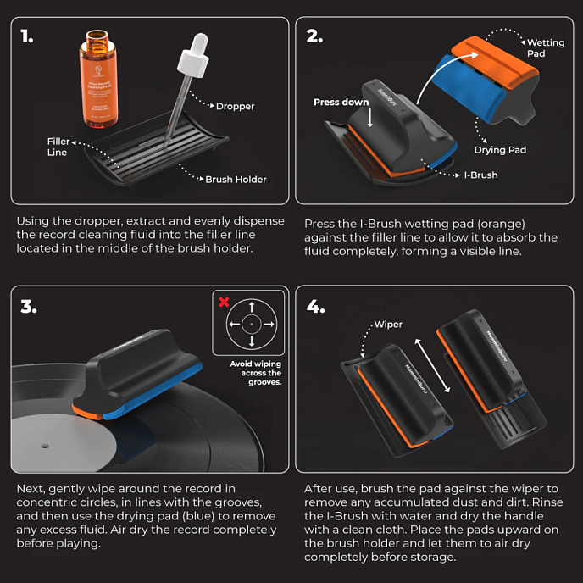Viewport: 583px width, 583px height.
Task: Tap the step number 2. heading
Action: (x=315, y=36)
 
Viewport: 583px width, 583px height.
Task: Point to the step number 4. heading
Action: (x=316, y=306)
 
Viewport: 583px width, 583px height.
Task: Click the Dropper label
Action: (x=235, y=107)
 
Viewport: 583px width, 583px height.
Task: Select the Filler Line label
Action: (x=58, y=147)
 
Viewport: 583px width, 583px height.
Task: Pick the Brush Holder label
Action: (x=236, y=180)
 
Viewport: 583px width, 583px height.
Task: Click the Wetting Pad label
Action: (x=545, y=47)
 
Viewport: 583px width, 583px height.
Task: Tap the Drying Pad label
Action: (x=499, y=150)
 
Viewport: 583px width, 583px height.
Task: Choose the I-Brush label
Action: (x=480, y=175)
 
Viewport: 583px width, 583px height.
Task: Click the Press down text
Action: (x=341, y=103)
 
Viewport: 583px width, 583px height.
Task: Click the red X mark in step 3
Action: (x=224, y=303)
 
